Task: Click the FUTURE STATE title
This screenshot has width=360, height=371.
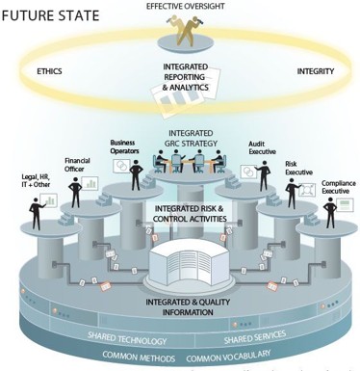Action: [x=50, y=15]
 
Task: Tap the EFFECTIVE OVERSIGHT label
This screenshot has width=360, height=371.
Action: [x=186, y=7]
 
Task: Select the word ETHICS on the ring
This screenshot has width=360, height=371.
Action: [x=49, y=71]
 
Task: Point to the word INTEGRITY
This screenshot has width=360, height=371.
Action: [x=316, y=71]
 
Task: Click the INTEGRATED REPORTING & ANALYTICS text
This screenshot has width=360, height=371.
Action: [x=186, y=77]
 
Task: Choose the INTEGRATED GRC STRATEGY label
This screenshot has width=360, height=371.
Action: [x=191, y=138]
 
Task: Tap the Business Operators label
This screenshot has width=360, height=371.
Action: [x=124, y=146]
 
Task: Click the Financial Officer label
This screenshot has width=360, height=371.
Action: [x=77, y=165]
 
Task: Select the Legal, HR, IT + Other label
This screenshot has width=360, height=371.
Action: [x=36, y=180]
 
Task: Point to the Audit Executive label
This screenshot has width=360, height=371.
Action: [x=262, y=147]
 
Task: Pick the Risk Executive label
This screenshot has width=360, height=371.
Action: [x=298, y=168]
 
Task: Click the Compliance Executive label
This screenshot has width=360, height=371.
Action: [x=339, y=187]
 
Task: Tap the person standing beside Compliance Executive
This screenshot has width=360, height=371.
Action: [x=330, y=213]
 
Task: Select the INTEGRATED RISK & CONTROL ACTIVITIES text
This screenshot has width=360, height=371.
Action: [x=190, y=214]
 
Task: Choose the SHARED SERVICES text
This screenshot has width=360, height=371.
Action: [x=255, y=337]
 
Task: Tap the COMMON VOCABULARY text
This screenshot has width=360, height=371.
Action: [x=228, y=356]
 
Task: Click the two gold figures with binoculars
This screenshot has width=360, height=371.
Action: [x=186, y=30]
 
